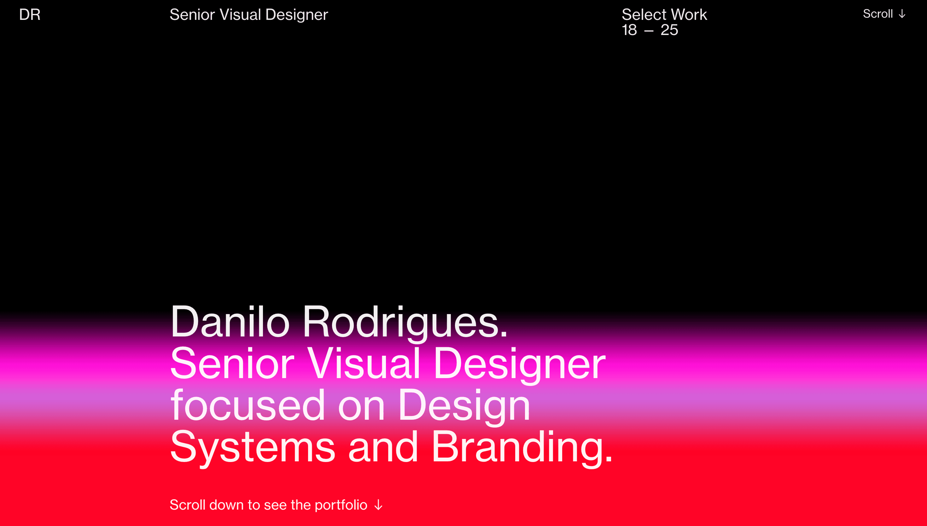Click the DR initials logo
pyautogui.click(x=30, y=15)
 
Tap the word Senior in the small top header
pyautogui.click(x=192, y=15)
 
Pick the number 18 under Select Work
pyautogui.click(x=629, y=30)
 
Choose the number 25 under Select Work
pyautogui.click(x=669, y=30)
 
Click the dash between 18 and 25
pyautogui.click(x=649, y=31)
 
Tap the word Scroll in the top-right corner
pyautogui.click(x=877, y=14)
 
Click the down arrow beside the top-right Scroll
pyautogui.click(x=902, y=14)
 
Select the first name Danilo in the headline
pyautogui.click(x=230, y=322)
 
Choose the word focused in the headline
pyautogui.click(x=248, y=405)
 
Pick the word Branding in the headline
pyautogui.click(x=522, y=447)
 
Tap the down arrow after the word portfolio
pyautogui.click(x=378, y=505)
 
